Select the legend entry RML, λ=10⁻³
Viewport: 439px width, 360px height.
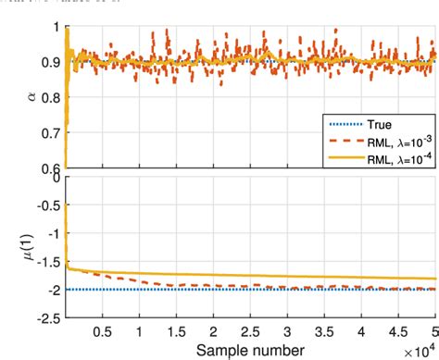coord(382,142)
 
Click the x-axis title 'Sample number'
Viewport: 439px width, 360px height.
coord(249,349)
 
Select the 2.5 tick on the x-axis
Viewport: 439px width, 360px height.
coord(249,330)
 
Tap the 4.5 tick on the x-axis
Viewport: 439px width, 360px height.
coord(397,330)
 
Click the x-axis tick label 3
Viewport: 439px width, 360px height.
coord(286,330)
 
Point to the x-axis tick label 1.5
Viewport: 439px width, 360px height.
coord(175,330)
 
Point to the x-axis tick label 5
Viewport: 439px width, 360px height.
coord(433,330)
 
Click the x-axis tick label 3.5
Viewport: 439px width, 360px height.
coord(323,330)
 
